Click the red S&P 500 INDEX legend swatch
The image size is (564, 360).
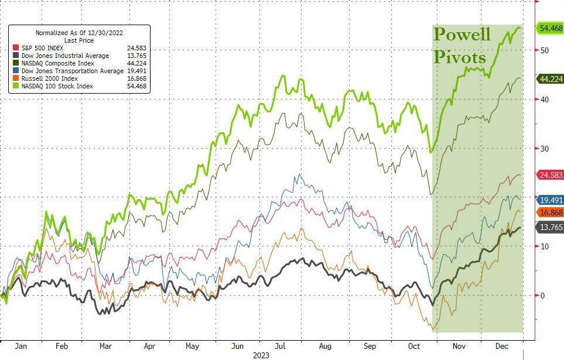coord(15,48)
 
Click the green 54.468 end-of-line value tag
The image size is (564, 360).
coord(550,28)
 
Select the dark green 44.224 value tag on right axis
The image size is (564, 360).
coord(550,79)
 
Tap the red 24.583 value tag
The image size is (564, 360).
coord(550,175)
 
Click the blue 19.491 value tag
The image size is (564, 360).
coord(550,200)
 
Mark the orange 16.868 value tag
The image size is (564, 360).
coord(550,212)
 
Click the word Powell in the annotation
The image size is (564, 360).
coord(462,34)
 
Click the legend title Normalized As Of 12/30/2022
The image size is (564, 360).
coord(78,33)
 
